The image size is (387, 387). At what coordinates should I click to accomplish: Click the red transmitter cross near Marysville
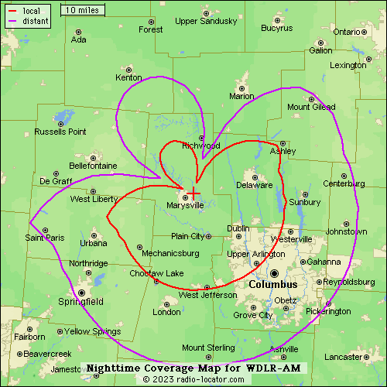click(193, 191)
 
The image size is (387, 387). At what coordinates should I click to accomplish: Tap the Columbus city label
click(273, 285)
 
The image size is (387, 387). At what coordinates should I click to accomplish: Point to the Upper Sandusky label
click(206, 21)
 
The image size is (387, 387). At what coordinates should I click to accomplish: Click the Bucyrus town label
click(277, 29)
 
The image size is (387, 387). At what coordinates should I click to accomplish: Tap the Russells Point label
click(60, 132)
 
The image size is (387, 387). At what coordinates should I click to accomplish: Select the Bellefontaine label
click(93, 166)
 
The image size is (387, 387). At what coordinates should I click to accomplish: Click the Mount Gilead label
click(311, 107)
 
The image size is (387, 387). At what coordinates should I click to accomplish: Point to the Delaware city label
click(255, 186)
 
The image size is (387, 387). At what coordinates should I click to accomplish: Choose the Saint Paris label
click(45, 238)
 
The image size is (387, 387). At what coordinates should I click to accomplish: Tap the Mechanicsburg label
click(170, 253)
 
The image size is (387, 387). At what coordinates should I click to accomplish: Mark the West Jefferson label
click(207, 295)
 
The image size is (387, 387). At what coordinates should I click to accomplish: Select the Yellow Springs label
click(91, 331)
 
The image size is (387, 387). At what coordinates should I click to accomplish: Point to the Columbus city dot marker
click(273, 273)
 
